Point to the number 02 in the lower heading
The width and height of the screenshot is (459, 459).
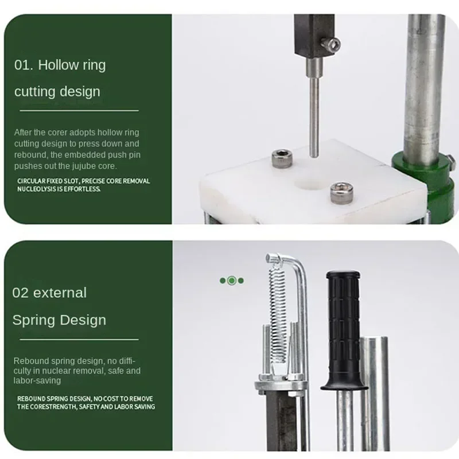tap(20, 293)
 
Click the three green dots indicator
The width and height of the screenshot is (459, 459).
tap(232, 281)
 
